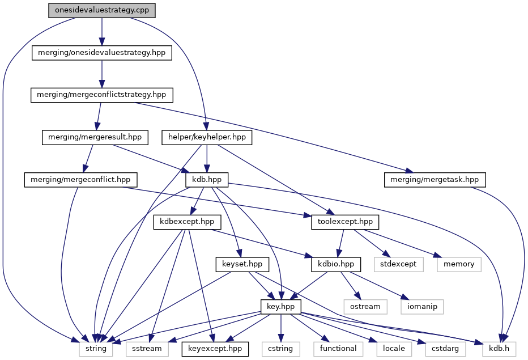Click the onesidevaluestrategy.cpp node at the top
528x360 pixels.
[x=101, y=11]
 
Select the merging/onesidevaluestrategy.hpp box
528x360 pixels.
[x=101, y=53]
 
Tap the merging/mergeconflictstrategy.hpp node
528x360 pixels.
[x=101, y=95]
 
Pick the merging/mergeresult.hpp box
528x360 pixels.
[x=95, y=137]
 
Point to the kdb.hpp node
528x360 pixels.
[x=207, y=180]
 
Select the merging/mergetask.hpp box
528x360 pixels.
[x=435, y=180]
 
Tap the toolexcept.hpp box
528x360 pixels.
[x=345, y=222]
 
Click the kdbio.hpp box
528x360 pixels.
[x=336, y=264]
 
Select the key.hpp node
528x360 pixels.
[x=281, y=306]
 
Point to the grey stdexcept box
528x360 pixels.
[x=398, y=264]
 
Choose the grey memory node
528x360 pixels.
[x=458, y=264]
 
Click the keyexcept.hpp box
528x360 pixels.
[x=215, y=348]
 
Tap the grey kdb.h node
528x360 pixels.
[x=499, y=348]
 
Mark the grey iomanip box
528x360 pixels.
[x=423, y=306]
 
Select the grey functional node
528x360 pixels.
[x=338, y=348]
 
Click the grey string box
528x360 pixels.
[x=95, y=348]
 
